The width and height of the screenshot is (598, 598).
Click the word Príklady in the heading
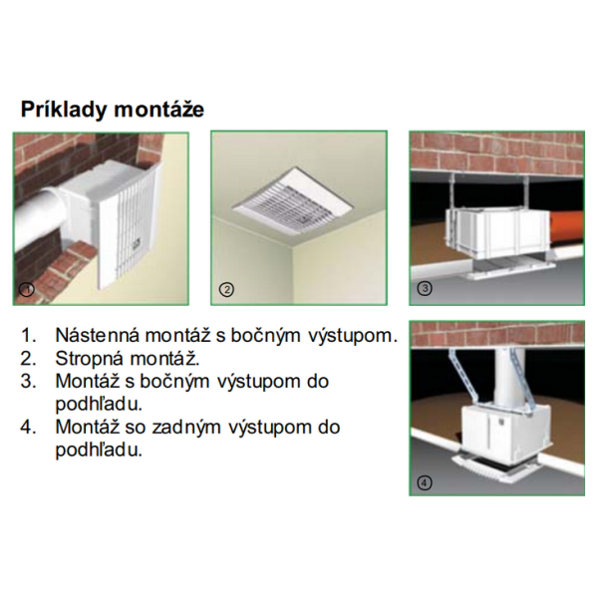64,110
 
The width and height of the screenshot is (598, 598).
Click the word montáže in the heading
159,110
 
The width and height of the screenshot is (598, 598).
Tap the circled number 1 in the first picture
27,289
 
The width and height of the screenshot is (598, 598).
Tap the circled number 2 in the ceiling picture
226,289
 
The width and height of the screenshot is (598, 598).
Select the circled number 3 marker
425,288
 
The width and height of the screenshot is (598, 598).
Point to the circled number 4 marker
425,483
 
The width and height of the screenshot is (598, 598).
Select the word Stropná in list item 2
90,359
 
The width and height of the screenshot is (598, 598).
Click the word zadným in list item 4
186,428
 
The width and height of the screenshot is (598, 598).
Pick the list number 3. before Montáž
29,382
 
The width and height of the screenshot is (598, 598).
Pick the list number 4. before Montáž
29,428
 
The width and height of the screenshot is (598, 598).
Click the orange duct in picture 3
567,229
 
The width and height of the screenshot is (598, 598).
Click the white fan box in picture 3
498,232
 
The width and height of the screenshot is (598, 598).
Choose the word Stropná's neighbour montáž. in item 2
164,359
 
